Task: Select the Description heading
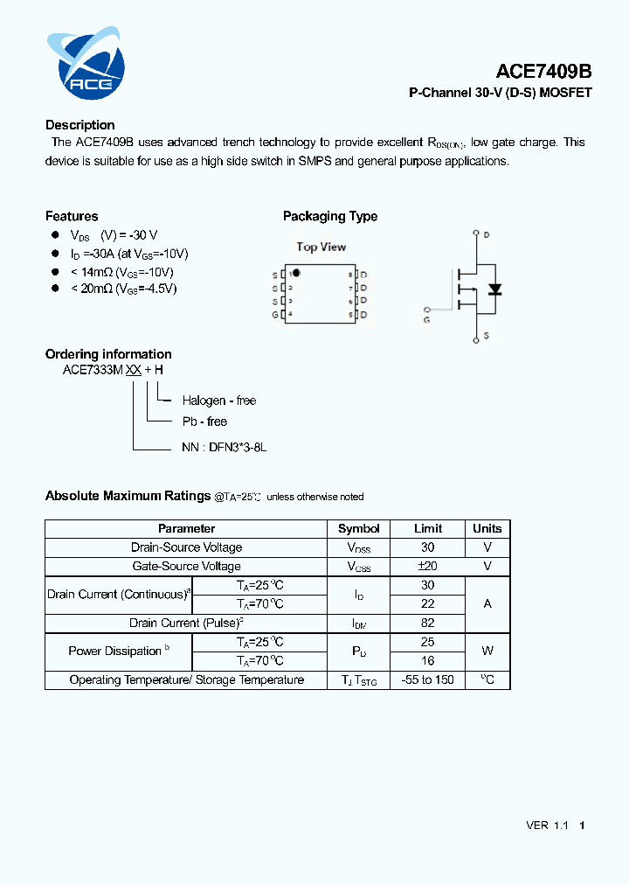(79, 125)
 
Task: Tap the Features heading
(72, 216)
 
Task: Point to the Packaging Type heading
(330, 216)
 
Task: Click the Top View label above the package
(321, 247)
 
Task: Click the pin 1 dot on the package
(296, 274)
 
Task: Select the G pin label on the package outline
(275, 314)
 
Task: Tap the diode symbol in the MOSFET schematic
(494, 289)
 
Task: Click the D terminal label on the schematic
(486, 235)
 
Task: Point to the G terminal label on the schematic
(427, 320)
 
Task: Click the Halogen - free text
(218, 401)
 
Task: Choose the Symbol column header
(358, 528)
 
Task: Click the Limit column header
(428, 528)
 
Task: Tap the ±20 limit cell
(428, 566)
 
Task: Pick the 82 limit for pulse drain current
(428, 623)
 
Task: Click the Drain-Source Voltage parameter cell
(186, 547)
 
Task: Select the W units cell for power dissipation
(487, 651)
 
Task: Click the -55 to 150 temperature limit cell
(428, 679)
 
